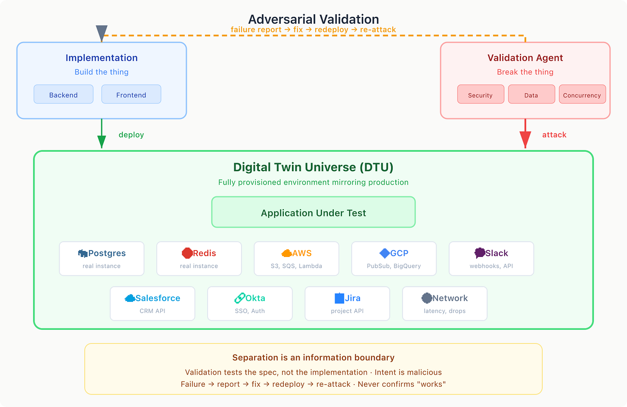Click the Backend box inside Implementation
coord(63,94)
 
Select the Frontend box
coord(131,94)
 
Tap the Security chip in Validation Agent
coord(481,94)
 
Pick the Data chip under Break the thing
coord(531,94)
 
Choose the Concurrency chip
coord(582,94)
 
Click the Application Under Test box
coord(313,212)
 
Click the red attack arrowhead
coord(525,140)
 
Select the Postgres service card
coord(102,259)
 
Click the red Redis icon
coord(187,253)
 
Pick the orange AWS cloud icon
coord(286,253)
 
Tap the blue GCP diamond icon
coord(385,253)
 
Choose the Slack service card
coord(491,259)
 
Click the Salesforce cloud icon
coord(130,298)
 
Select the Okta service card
coord(250,304)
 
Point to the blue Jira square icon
coord(339,298)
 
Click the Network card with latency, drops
coord(445,304)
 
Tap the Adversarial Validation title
coord(313,19)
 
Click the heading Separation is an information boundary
coord(313,357)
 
